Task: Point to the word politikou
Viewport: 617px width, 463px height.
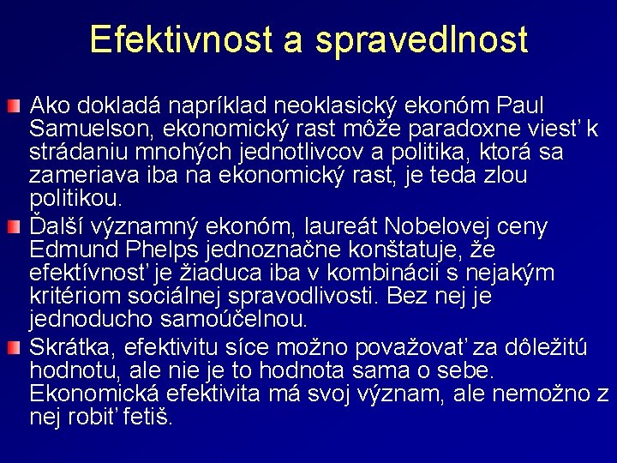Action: pyautogui.click(x=76, y=201)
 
